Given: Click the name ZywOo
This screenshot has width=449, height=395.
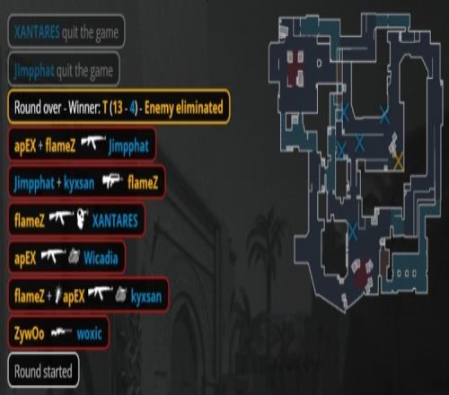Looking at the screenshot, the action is [29, 333].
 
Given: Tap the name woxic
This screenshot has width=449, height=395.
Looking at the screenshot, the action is [89, 333].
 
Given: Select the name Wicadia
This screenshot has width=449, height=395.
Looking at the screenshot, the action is [101, 258].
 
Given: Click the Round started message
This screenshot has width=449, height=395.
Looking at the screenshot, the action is [43, 371].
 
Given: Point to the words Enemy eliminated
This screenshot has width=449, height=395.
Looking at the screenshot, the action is [184, 108].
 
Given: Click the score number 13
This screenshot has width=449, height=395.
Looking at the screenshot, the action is [117, 107].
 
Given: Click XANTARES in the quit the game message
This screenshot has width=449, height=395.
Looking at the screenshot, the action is [38, 31].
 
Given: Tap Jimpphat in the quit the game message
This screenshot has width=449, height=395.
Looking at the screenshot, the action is [34, 71].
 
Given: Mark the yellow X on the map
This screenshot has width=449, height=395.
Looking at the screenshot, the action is [399, 161].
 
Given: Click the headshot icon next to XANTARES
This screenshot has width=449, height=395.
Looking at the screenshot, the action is [81, 219].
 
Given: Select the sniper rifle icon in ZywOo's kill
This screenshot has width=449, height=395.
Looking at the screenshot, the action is [61, 332].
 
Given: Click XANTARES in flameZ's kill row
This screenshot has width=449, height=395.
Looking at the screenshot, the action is [115, 221].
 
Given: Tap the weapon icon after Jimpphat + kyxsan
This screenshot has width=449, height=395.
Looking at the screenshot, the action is [112, 181].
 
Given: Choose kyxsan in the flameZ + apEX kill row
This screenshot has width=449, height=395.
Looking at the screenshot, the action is [146, 296].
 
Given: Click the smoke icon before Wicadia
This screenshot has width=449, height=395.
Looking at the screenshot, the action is [74, 257].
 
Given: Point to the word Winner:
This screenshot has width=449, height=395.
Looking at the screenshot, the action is [84, 108].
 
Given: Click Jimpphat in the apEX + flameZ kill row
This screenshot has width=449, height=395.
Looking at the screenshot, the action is [128, 146].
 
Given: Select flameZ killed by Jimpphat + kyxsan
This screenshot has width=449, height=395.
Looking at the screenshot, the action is [143, 182].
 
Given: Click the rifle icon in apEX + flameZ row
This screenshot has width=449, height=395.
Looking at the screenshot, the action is [93, 143].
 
